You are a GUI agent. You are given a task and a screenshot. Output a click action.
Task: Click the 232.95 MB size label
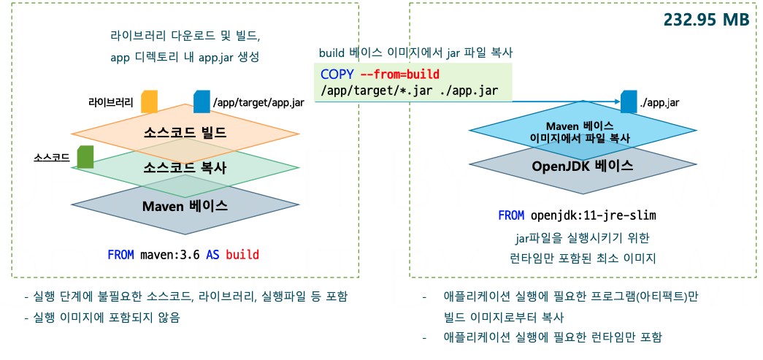tap(706, 20)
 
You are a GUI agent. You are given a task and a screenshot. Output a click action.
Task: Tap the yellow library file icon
tap(149, 102)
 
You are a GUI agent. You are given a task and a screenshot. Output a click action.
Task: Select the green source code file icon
tap(85, 156)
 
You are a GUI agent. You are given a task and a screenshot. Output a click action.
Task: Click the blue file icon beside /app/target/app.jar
tap(201, 102)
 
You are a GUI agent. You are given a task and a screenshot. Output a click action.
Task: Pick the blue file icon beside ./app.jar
tap(628, 102)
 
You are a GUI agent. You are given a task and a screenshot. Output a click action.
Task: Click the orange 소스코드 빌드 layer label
tap(185, 133)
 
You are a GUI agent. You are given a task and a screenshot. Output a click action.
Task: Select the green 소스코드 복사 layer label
tap(185, 167)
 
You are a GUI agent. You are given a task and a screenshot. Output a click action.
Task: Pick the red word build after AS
tap(242, 255)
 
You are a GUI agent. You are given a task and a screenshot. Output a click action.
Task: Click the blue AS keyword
tap(212, 255)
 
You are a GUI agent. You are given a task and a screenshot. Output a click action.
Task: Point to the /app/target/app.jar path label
tap(258, 103)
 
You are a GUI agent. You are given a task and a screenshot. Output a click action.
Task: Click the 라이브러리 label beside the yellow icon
tap(111, 103)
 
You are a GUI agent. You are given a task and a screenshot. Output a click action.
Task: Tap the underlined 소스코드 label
tap(52, 157)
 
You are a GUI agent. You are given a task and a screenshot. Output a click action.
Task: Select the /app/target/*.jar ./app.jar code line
tap(409, 91)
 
